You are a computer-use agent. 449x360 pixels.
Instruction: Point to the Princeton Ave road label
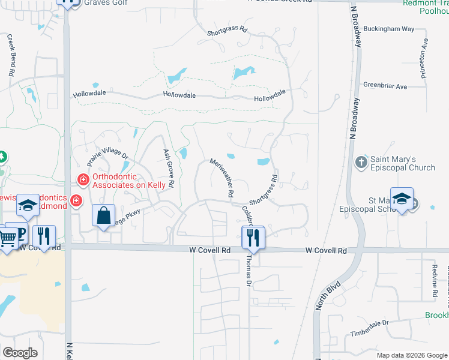[x=425, y=52]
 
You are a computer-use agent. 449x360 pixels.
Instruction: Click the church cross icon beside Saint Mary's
[x=360, y=162]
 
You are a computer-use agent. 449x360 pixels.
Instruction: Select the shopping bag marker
[x=103, y=215]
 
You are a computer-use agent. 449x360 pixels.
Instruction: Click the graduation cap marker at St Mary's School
[x=402, y=199]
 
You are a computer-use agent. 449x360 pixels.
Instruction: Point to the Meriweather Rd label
[x=221, y=178]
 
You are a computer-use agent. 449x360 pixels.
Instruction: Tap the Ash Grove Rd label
[x=168, y=167]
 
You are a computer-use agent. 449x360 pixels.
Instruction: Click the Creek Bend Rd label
[x=11, y=54]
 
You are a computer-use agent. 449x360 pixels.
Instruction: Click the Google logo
[x=20, y=353]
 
